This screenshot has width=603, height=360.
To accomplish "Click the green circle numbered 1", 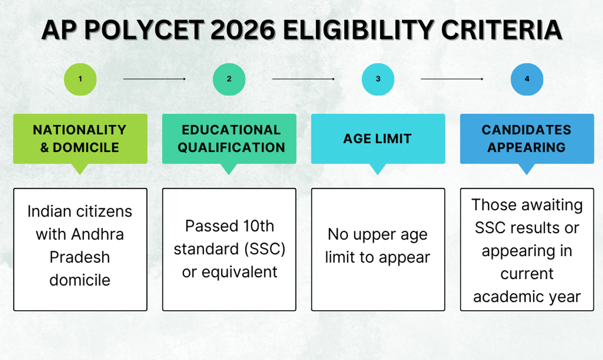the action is click(80, 79).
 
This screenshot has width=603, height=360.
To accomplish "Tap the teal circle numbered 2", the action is click(229, 79).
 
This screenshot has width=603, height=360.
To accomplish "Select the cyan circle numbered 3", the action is click(378, 79).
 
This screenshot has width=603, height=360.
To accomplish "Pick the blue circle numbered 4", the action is click(527, 79).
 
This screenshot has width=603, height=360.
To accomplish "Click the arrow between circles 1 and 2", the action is click(155, 79).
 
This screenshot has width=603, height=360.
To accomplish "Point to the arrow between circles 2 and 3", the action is click(304, 79).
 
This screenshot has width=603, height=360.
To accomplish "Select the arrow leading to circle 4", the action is click(452, 79).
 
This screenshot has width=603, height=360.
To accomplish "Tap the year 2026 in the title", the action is click(243, 30).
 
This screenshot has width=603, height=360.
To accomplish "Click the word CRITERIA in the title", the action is click(501, 30).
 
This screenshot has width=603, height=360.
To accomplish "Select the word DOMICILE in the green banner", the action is click(86, 148).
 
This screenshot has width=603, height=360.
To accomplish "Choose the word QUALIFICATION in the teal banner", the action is click(231, 148).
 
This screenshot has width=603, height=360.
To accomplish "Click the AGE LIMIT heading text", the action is click(377, 139).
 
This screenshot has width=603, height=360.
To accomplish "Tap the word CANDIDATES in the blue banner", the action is click(527, 130).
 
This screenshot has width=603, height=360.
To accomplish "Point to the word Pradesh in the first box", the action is click(80, 257).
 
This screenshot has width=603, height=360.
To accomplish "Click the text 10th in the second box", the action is click(259, 226).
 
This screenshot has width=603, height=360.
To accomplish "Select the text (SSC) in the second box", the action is click(265, 249).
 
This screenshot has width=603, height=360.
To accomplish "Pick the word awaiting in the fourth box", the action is click(552, 206).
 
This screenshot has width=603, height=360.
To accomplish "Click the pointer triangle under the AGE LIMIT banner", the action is click(377, 169).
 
